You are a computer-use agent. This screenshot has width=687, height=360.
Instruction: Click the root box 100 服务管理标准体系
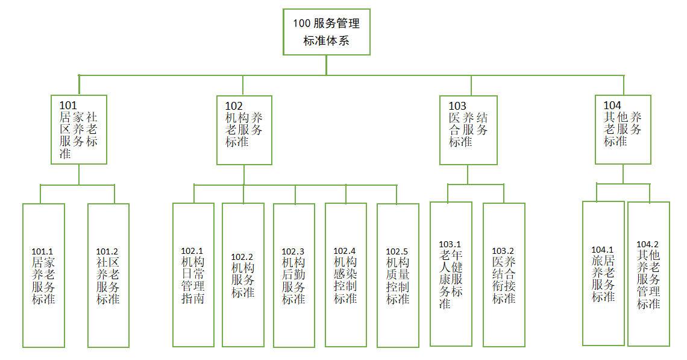click(326, 32)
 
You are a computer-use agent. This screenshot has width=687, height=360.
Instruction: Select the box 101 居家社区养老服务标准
click(79, 129)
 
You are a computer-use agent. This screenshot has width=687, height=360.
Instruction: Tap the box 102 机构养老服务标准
click(244, 129)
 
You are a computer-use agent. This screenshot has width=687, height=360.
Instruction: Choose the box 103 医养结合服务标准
click(468, 129)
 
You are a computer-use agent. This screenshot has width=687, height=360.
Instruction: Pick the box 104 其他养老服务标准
click(623, 129)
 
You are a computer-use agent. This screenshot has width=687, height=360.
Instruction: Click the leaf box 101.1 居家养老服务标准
click(43, 275)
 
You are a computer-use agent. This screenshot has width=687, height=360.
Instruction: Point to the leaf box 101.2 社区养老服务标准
click(108, 275)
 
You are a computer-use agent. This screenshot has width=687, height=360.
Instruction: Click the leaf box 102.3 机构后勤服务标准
click(293, 275)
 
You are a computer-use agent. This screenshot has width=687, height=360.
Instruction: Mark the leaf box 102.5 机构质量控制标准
click(398, 275)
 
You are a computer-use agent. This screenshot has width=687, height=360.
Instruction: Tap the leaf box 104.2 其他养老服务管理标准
click(648, 274)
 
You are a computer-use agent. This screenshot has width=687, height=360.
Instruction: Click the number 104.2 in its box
click(648, 244)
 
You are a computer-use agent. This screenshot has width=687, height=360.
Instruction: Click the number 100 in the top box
click(301, 24)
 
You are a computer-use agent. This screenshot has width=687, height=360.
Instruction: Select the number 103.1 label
click(450, 244)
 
